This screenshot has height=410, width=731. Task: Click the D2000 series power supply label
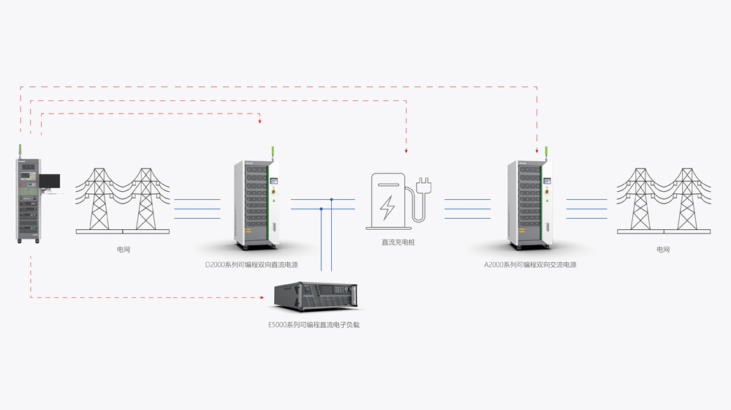click(251, 264)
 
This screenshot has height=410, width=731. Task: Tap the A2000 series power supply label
click(530, 264)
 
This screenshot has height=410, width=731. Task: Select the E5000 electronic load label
click(314, 324)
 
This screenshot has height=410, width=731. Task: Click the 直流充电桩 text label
click(398, 242)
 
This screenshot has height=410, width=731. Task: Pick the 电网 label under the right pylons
click(663, 250)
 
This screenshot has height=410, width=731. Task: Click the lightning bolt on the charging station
click(388, 208)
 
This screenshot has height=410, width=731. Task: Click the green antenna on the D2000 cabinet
click(273, 152)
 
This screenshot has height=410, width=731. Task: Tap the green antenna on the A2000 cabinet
click(546, 152)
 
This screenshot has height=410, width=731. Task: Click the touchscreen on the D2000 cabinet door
click(274, 181)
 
